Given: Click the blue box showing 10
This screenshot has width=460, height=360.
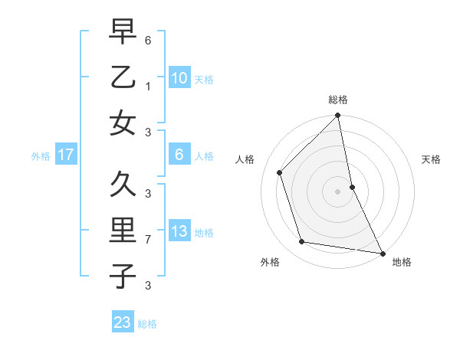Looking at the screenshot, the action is coord(179,77).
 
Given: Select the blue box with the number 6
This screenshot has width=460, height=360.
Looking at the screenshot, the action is coord(179,155).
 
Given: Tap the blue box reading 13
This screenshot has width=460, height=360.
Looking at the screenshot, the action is coord(179,231).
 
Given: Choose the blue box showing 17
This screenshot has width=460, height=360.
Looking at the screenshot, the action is coord(65,155).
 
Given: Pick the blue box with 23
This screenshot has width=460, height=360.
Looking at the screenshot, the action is coord(123,322).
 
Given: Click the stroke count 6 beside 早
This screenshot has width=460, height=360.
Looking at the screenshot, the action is coord(148,38).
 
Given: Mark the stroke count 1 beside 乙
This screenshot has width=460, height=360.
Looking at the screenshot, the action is coord(148,86).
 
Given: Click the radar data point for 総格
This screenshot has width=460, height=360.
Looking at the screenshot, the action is coord(337,116).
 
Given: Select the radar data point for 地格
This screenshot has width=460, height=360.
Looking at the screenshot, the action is coord(382,253).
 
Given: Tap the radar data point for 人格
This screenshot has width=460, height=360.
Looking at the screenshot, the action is coord(280,172).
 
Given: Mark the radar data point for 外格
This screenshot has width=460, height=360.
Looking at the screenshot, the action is coord(302,242).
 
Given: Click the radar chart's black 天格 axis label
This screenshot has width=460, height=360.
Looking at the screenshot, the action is coord(431,159).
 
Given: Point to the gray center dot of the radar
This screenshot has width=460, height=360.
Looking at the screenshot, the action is coord(337,191).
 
